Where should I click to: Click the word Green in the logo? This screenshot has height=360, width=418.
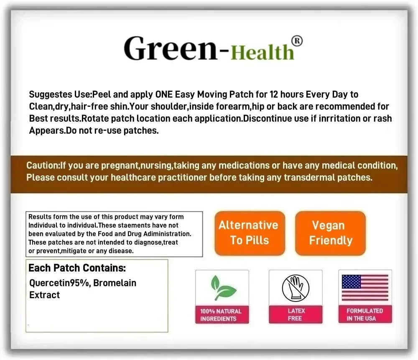(x=169, y=48)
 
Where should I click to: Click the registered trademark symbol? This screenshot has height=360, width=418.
(x=296, y=41)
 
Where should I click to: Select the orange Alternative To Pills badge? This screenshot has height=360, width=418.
(x=250, y=233)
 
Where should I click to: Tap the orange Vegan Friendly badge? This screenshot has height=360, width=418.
(x=330, y=233)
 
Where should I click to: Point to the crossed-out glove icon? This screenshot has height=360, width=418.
(x=295, y=289)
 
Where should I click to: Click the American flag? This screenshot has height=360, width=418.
(x=365, y=288)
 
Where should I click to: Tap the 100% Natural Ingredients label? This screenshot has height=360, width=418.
(x=221, y=315)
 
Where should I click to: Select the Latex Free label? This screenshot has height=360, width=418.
(x=296, y=314)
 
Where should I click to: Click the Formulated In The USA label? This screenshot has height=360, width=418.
(x=364, y=314)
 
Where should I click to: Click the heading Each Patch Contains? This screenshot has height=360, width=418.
(x=77, y=268)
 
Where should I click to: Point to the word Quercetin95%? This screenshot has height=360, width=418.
(x=59, y=283)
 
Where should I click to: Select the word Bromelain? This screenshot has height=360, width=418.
(x=115, y=283)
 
